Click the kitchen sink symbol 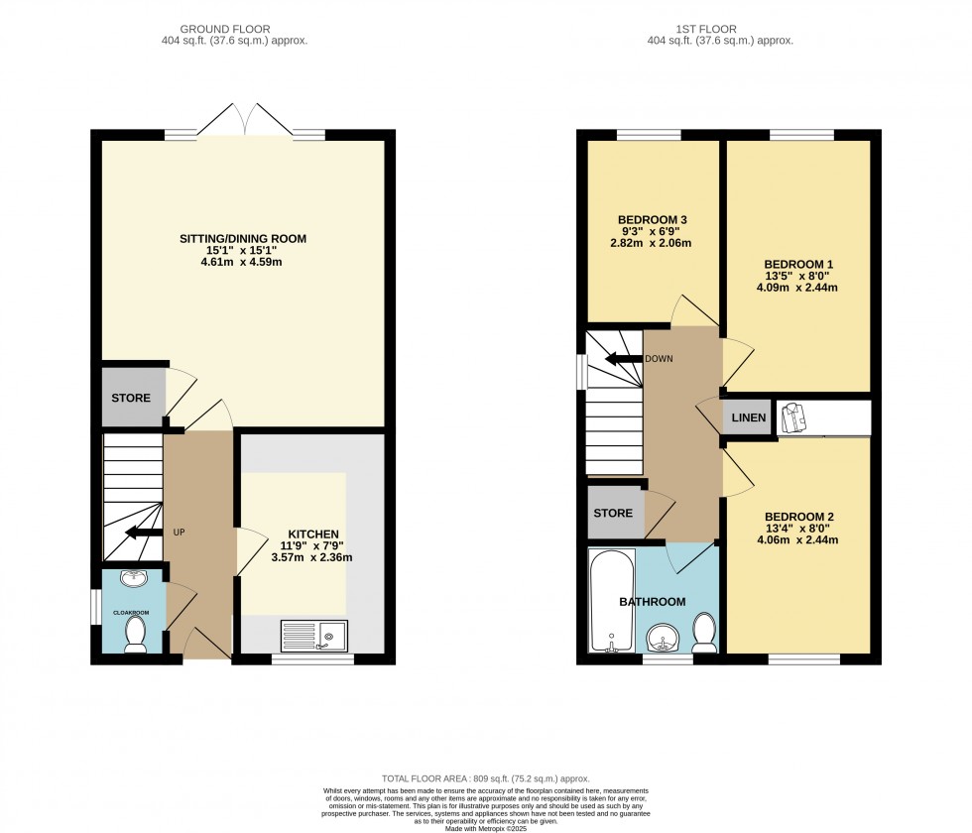[x=314, y=634]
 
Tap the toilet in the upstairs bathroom [x=705, y=631]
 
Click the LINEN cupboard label [x=749, y=417]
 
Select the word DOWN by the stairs [x=660, y=359]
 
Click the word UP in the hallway [x=180, y=533]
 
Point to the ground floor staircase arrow [x=141, y=535]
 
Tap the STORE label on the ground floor [x=131, y=399]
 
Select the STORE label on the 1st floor [x=613, y=514]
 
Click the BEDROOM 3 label [x=653, y=220]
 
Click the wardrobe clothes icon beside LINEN [x=793, y=417]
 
